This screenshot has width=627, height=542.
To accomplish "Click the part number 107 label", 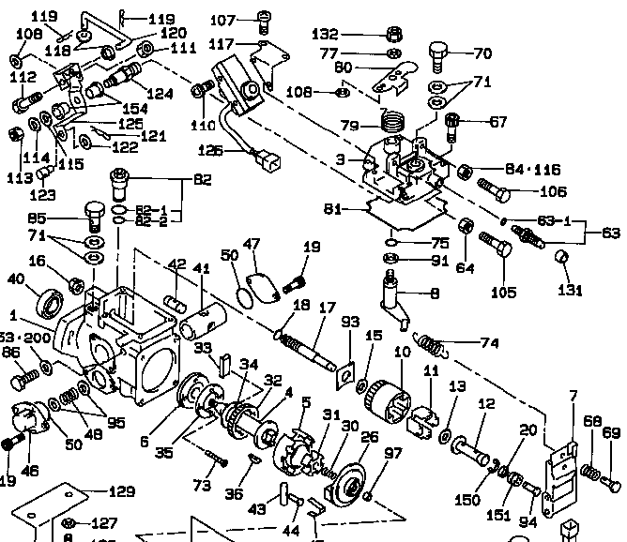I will click(x=222, y=19).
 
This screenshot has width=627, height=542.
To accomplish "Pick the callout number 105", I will click(x=504, y=293).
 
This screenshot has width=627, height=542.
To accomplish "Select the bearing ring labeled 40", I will click(x=49, y=304).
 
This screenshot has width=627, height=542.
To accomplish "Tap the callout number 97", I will click(x=393, y=454).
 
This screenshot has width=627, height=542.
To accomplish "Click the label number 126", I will click(x=211, y=149).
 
